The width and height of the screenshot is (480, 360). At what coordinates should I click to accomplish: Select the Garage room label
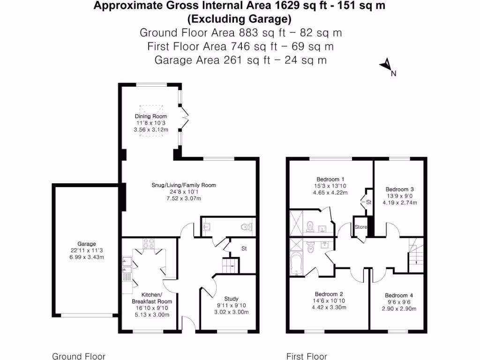[x=87, y=244]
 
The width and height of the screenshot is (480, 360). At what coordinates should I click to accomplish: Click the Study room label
[x=231, y=299]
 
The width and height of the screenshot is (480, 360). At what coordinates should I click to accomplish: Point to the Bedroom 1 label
[x=330, y=179]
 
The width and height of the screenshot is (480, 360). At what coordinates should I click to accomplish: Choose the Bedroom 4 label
[x=399, y=295]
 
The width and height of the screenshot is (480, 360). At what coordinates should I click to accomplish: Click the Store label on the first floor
[x=360, y=227]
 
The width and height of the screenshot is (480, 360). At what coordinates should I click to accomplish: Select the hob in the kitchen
[x=149, y=243]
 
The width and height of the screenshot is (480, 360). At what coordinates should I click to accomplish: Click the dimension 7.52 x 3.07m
[x=184, y=198]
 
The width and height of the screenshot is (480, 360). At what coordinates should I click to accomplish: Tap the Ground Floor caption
[x=78, y=356]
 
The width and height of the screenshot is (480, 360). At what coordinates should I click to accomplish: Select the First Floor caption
[x=307, y=356]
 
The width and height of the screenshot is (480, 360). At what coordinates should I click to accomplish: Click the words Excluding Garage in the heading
[x=240, y=19]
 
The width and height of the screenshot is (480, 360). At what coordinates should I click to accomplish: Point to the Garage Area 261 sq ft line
[x=240, y=60]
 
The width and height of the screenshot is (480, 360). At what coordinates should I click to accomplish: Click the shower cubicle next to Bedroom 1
[x=296, y=221]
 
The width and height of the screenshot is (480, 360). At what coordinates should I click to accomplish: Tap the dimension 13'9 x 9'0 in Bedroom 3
[x=399, y=196]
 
